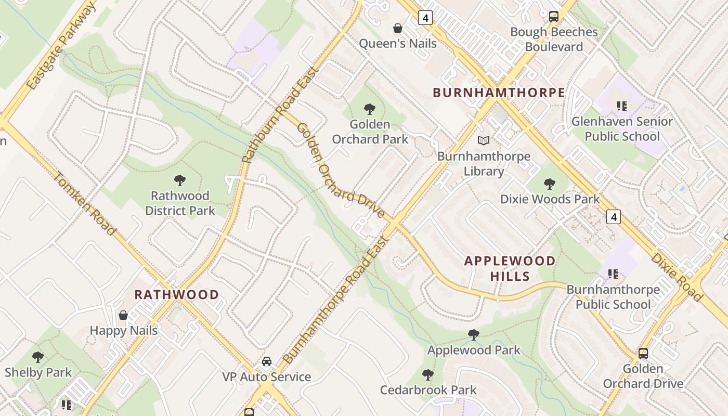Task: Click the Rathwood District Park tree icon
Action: click(180, 180)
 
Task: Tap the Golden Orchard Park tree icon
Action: click(370, 109)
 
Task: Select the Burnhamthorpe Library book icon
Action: click(484, 140)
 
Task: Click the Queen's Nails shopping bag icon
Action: click(398, 28)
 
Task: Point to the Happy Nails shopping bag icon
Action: click(123, 315)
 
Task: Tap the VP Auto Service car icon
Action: click(267, 361)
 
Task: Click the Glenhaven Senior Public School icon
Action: click(622, 106)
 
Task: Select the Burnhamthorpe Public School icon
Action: click(613, 274)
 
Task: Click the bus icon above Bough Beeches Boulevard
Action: click(554, 16)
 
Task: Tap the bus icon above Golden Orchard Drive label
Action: click(643, 353)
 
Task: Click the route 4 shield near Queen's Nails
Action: click(425, 18)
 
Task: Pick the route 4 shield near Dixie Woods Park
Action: click(614, 216)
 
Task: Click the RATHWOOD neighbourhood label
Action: click(177, 295)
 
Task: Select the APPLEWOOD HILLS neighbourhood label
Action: click(510, 268)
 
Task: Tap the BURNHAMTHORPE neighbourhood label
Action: click(499, 93)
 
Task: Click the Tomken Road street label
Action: click(84, 203)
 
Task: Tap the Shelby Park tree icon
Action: click(38, 357)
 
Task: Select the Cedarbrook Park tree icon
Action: click(428, 374)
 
